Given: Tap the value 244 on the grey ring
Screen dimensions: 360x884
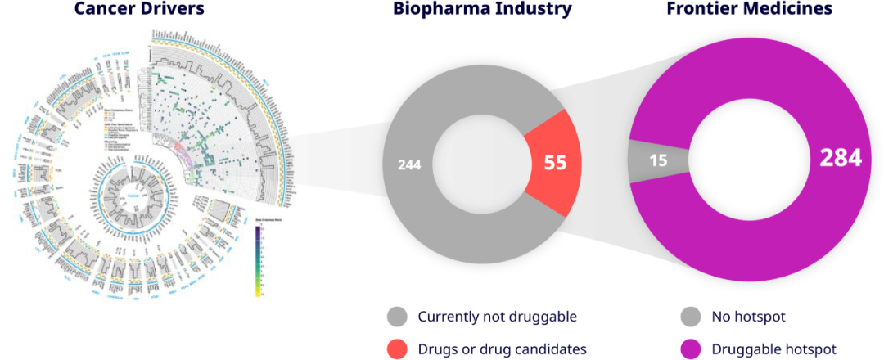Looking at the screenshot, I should pyautogui.click(x=409, y=164).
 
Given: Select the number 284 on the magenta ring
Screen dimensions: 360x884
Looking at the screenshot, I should pyautogui.click(x=841, y=158).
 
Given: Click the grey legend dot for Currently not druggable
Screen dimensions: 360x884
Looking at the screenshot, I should pyautogui.click(x=397, y=317).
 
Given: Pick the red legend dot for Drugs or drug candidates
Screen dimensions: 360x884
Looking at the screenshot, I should pyautogui.click(x=397, y=349).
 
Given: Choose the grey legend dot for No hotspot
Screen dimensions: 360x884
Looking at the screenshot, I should pyautogui.click(x=691, y=317).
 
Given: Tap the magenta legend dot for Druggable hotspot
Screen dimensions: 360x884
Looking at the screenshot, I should pyautogui.click(x=691, y=349).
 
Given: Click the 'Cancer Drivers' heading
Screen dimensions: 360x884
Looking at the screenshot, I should pyautogui.click(x=139, y=10).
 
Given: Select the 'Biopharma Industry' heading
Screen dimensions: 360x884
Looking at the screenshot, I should pyautogui.click(x=481, y=10).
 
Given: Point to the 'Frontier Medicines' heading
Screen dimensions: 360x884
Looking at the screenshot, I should pyautogui.click(x=750, y=10).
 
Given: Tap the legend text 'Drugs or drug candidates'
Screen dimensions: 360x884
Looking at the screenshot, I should pyautogui.click(x=502, y=349).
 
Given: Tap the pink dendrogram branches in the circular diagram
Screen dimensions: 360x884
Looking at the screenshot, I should pyautogui.click(x=184, y=151).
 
